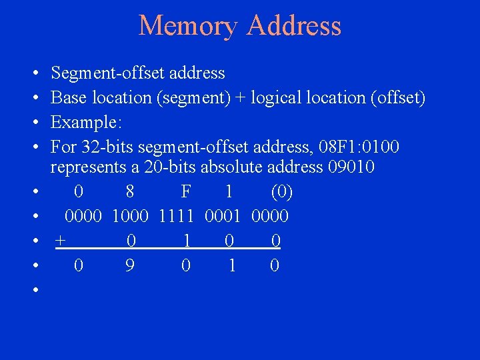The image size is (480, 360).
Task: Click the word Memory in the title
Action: (189, 26)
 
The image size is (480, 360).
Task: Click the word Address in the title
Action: (293, 26)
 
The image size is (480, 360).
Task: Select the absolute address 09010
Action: (351, 167)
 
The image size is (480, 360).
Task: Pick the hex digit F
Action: (186, 192)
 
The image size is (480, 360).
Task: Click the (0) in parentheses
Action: (281, 192)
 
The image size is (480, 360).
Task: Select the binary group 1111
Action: (176, 217)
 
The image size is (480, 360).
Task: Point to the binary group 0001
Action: (224, 217)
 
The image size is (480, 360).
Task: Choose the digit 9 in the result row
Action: (131, 266)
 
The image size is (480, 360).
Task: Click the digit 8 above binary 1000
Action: (130, 192)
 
